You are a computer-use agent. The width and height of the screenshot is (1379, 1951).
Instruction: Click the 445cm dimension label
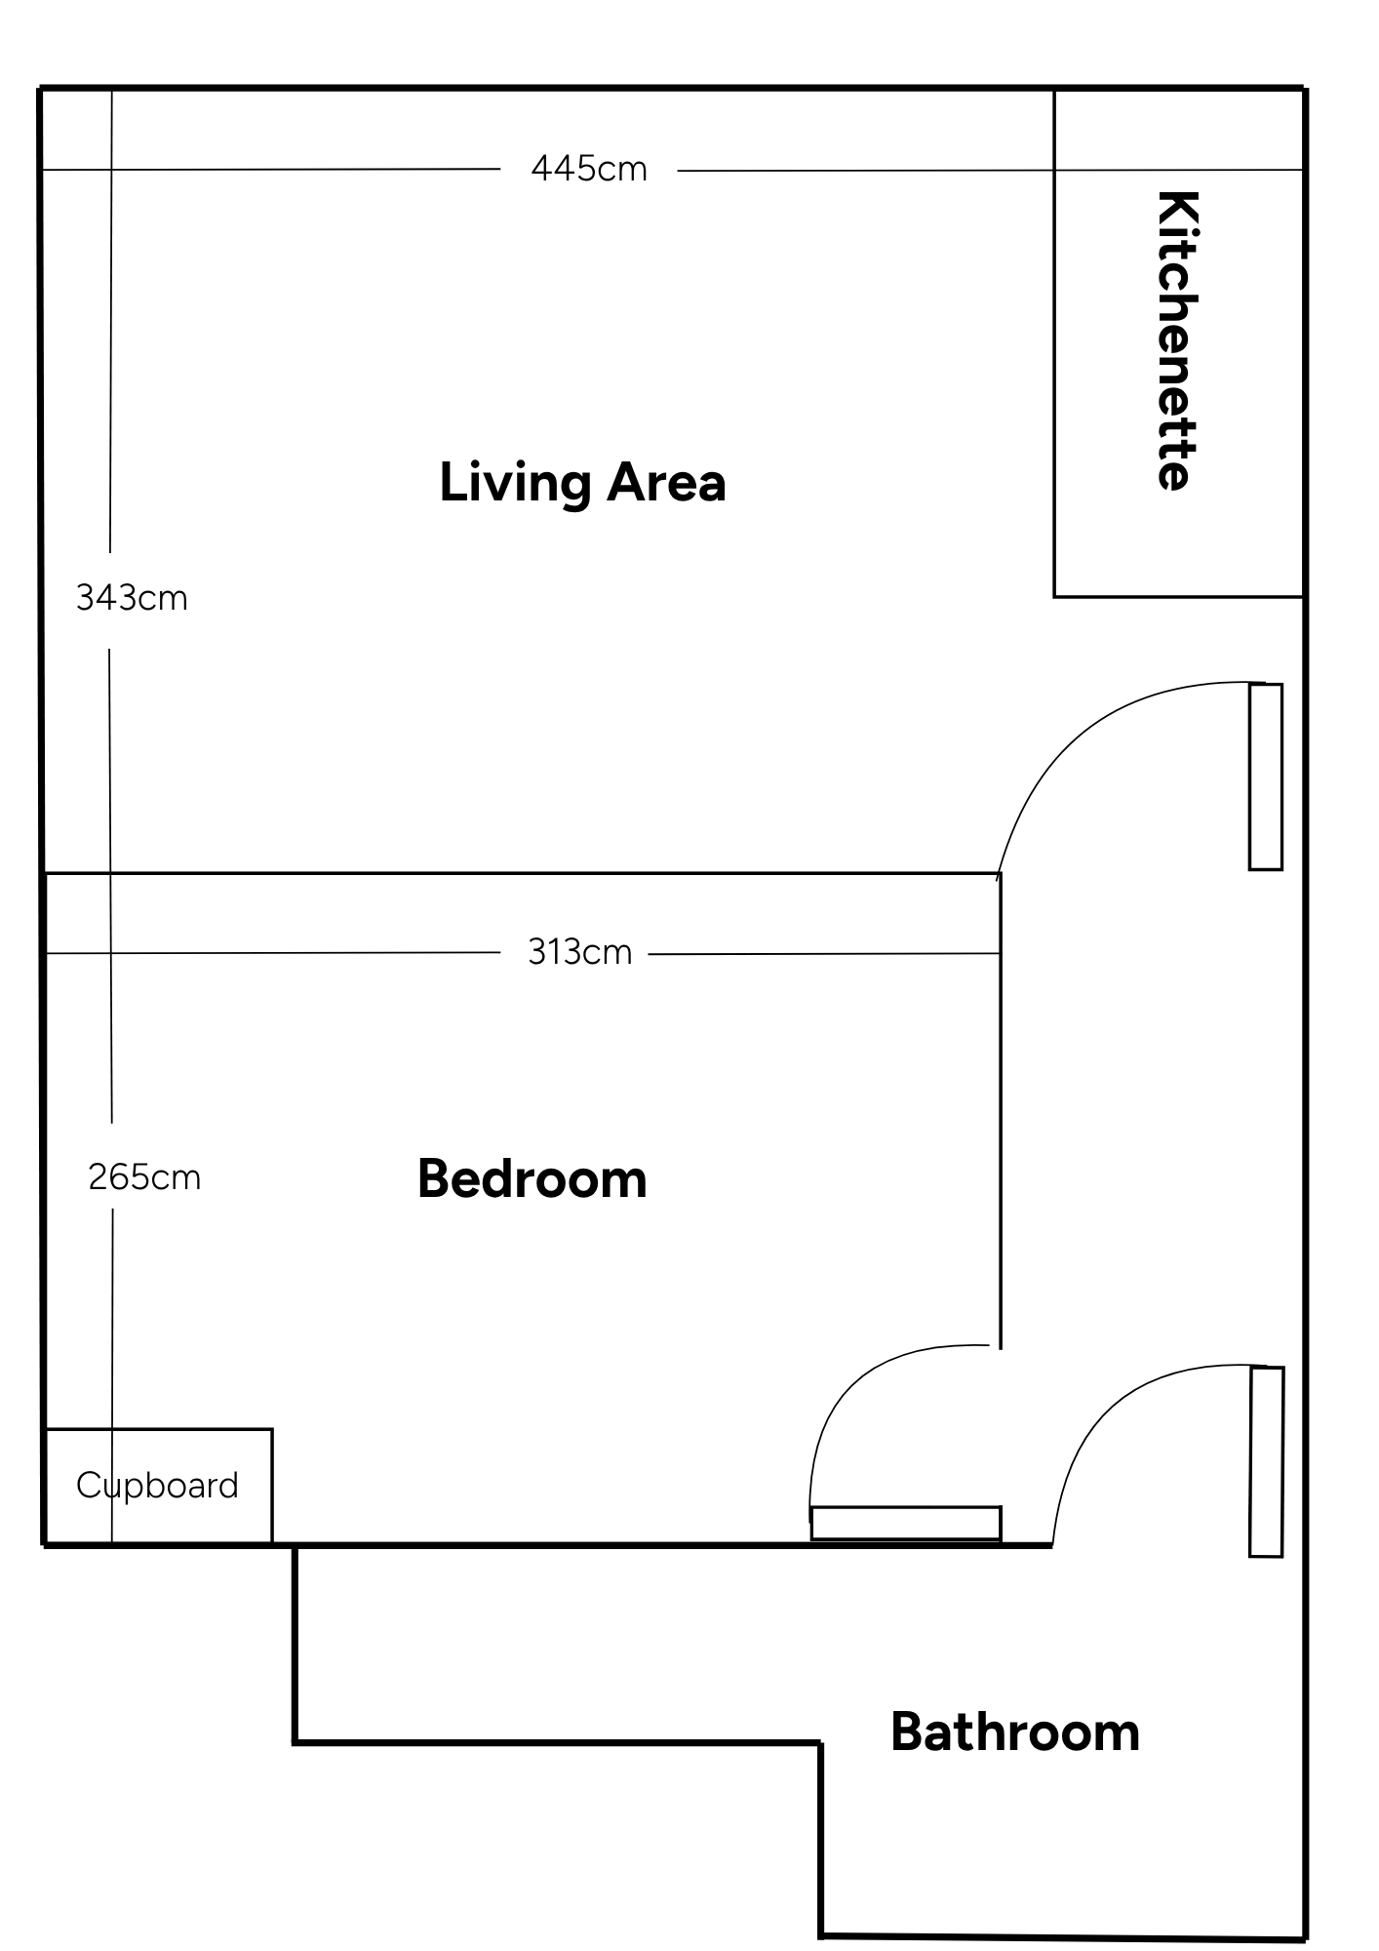pos(589,169)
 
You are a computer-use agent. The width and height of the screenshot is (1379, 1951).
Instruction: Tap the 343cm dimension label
pos(132,598)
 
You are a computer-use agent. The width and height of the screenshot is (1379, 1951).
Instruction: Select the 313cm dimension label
pos(580,951)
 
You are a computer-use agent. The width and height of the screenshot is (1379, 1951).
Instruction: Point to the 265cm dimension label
pos(144,1177)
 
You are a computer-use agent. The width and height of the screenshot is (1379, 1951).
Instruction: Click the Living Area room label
pos(582,484)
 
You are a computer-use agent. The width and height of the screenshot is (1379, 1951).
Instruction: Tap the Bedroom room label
pos(532,1178)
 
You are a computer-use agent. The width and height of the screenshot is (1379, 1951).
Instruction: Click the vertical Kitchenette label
pos(1176,340)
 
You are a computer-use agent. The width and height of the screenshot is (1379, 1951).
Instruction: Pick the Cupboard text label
pos(157,1486)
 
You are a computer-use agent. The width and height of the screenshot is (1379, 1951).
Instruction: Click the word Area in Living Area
pos(667,482)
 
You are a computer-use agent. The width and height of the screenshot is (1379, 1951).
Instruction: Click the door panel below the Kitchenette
pos(1266,776)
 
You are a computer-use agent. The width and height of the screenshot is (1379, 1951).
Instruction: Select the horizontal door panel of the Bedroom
pos(906,1523)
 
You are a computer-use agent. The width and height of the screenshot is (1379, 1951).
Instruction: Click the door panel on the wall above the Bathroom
pos(1267,1461)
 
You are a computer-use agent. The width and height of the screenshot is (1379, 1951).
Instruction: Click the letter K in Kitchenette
pos(1177,210)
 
